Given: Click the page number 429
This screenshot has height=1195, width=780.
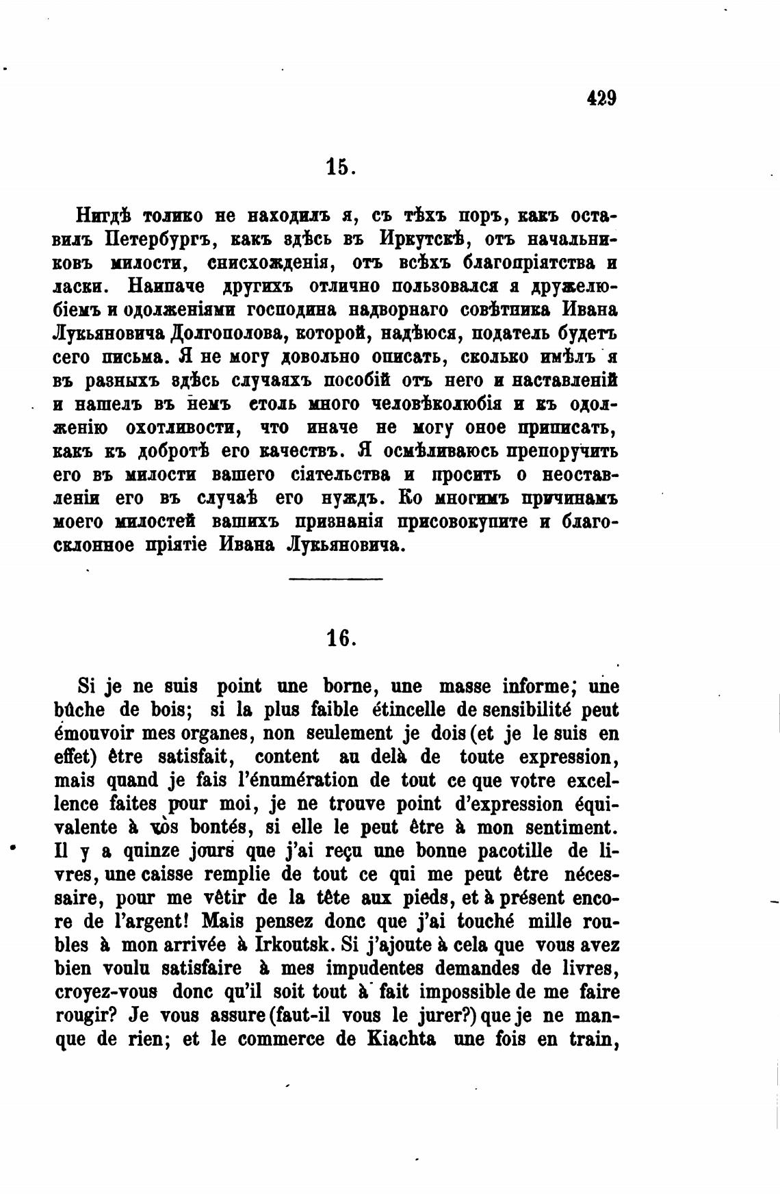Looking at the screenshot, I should [602, 99].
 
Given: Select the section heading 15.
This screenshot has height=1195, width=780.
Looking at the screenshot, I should [340, 168].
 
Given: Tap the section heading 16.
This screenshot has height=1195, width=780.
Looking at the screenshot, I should [340, 638].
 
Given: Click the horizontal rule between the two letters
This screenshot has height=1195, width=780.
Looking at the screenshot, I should [336, 580].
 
